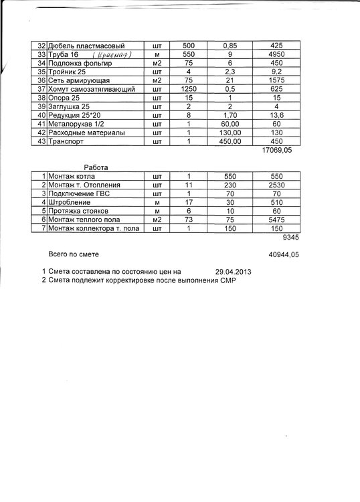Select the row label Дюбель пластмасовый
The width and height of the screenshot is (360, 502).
(84, 46)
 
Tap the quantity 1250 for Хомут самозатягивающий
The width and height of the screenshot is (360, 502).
(189, 89)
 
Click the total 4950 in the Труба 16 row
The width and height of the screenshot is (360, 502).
(277, 54)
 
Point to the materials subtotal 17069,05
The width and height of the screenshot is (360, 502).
(279, 151)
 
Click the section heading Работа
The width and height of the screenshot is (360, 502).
(96, 167)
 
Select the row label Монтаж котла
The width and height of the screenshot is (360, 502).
(70, 176)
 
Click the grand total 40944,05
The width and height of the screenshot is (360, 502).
(283, 255)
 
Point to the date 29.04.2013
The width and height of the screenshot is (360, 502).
(234, 272)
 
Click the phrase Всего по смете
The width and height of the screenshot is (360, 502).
(72, 255)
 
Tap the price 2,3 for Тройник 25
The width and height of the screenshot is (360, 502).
(230, 72)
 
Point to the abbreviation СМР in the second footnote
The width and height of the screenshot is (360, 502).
(226, 280)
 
